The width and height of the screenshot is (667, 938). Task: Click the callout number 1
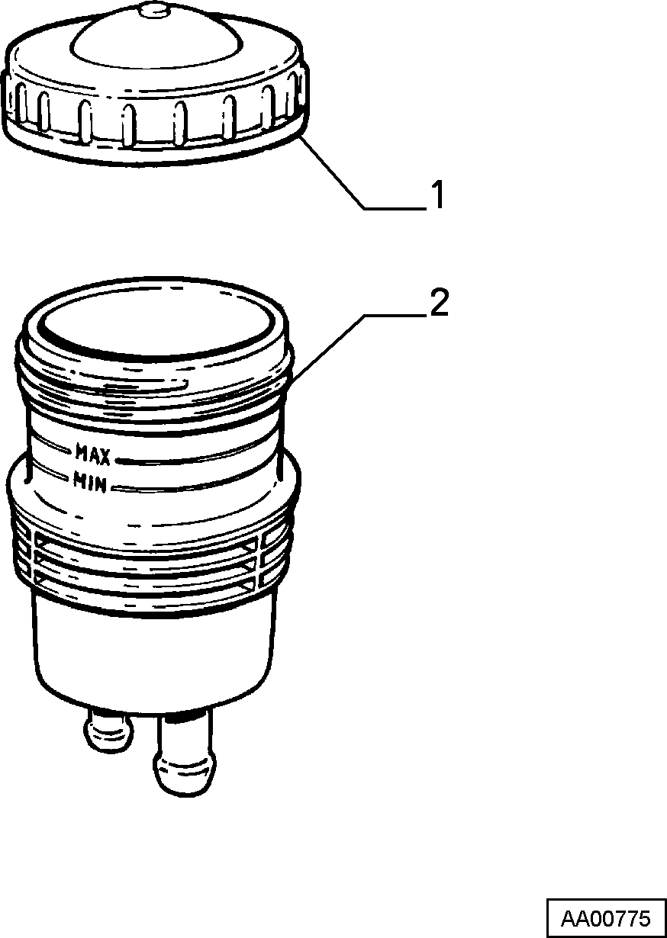click(437, 194)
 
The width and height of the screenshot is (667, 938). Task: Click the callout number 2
click(439, 302)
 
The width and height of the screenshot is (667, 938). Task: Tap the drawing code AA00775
click(606, 918)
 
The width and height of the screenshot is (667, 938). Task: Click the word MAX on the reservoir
click(92, 455)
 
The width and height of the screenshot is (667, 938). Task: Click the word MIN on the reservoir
click(89, 481)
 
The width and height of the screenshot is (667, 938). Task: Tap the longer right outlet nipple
click(185, 753)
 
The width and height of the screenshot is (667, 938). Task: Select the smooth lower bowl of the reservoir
click(156, 662)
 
